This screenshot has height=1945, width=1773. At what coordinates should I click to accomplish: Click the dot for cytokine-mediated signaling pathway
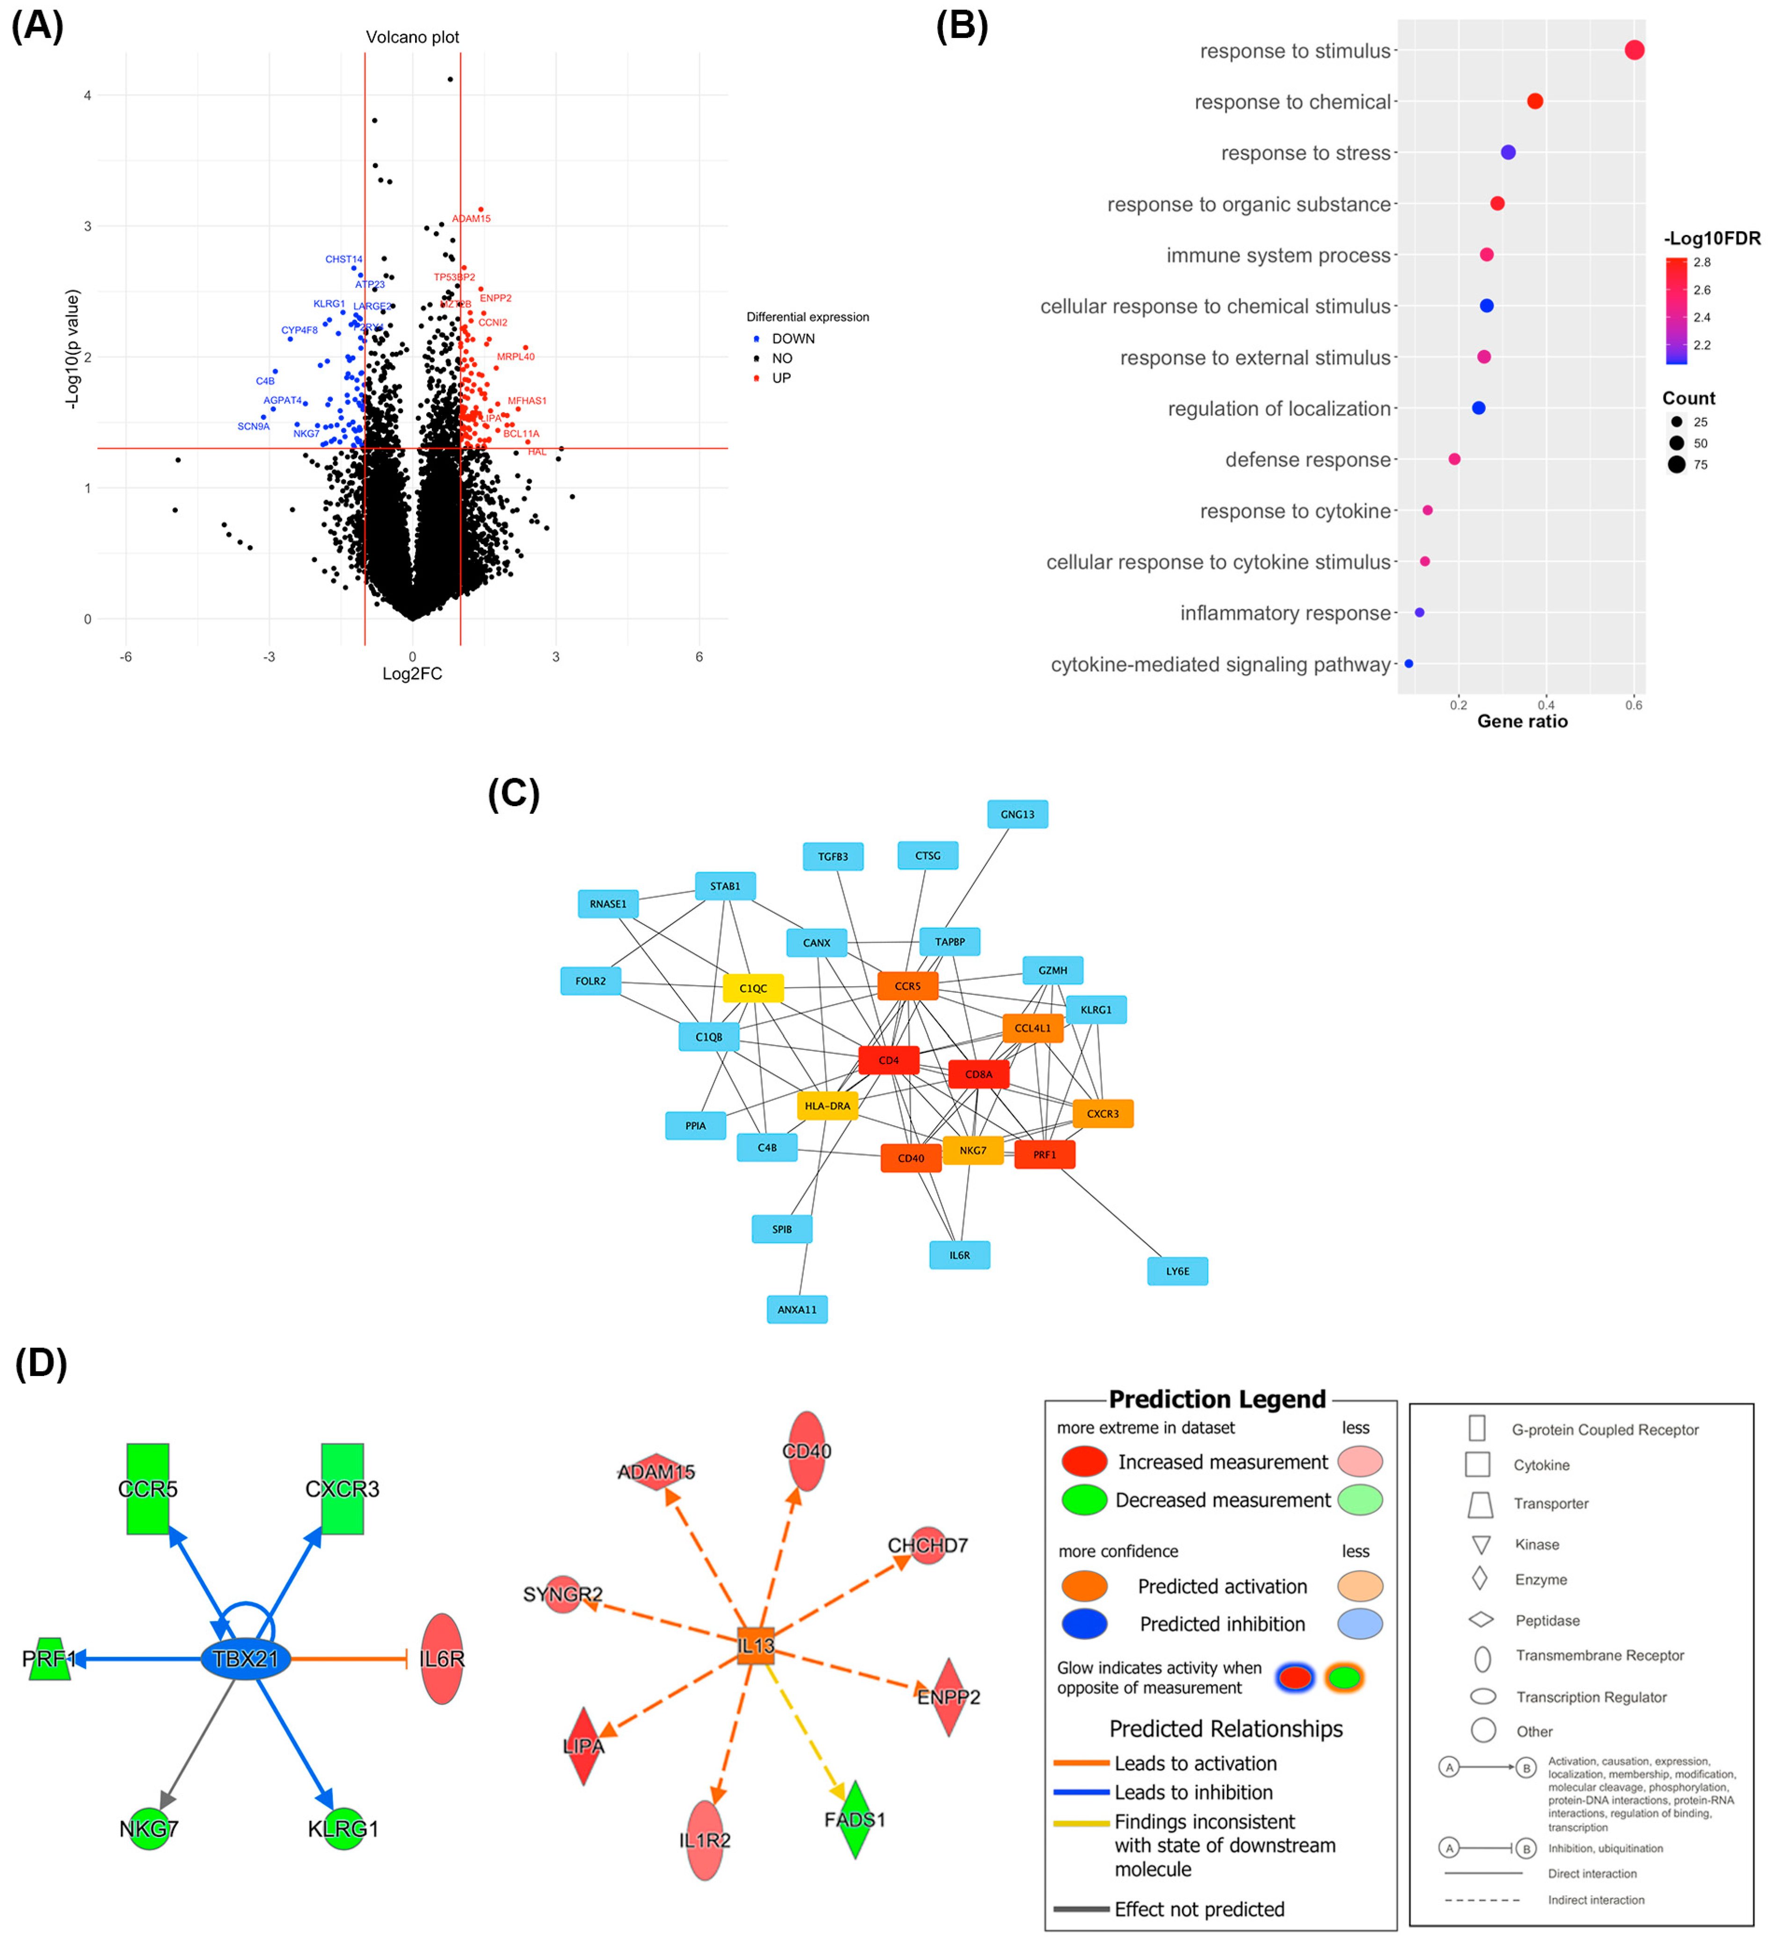point(1408,664)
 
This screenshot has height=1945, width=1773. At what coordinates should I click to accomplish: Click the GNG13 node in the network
point(1017,814)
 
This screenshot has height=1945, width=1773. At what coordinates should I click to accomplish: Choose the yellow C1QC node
point(752,988)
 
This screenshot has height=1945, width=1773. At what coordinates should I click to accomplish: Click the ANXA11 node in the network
point(797,1309)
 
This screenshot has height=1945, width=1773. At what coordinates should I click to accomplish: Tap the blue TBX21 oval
point(245,1659)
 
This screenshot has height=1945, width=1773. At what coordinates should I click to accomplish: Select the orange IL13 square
point(755,1646)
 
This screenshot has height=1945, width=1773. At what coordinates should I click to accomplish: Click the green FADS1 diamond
point(854,1820)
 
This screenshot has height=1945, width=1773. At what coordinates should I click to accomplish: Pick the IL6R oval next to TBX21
point(442,1659)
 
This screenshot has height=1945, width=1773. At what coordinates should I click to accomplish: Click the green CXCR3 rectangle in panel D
point(343,1489)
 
